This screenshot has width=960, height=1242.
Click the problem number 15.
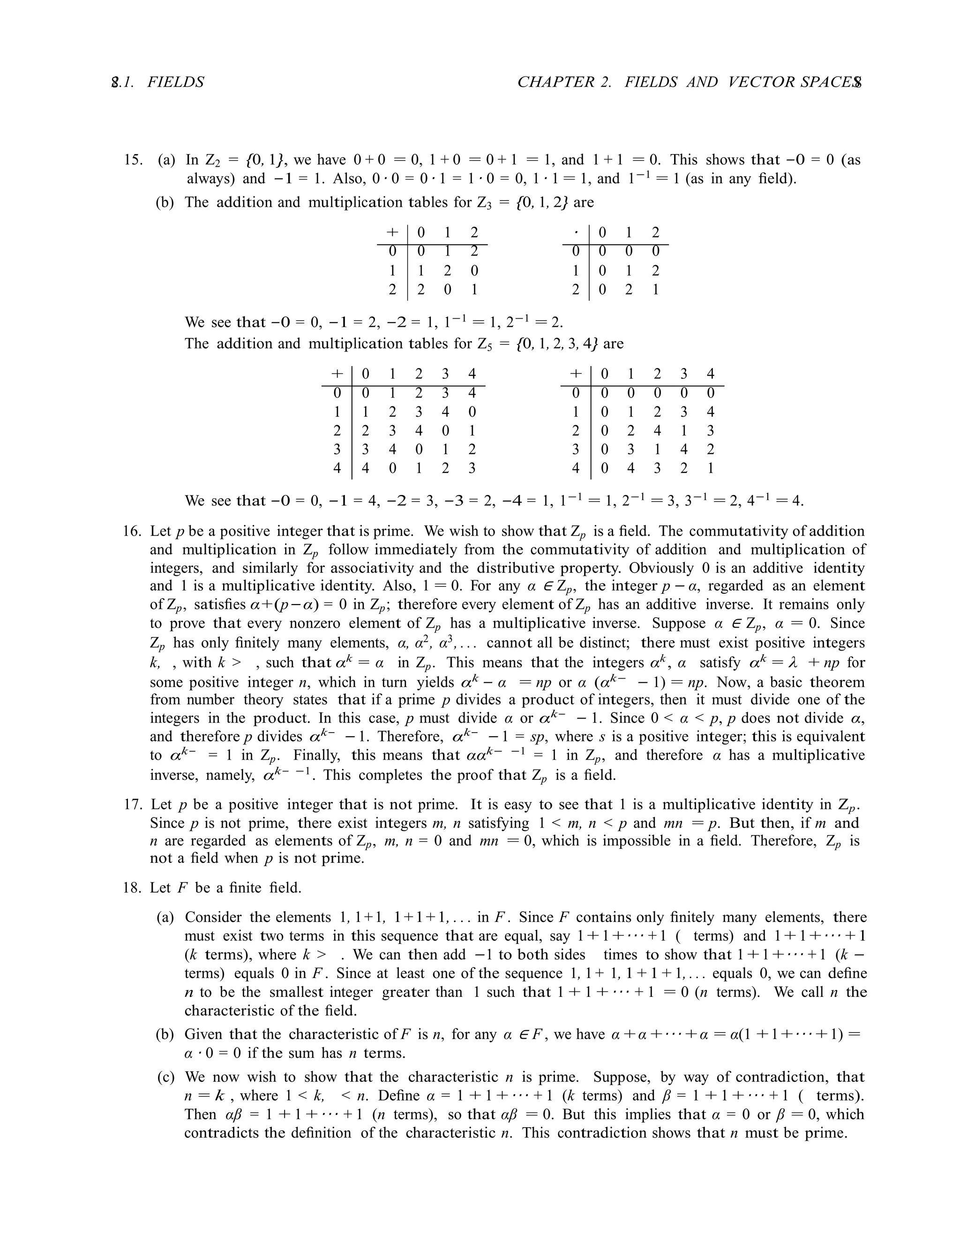pos(133,160)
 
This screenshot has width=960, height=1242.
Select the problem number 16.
pos(132,531)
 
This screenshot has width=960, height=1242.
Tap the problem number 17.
pos(132,805)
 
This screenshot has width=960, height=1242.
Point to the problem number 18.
pos(132,888)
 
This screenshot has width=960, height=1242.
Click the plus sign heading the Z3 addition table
pos(392,232)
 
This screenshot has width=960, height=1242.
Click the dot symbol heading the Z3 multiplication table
pos(576,232)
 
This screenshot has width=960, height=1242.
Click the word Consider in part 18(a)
pos(214,917)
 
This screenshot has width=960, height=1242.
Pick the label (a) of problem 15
pos(166,160)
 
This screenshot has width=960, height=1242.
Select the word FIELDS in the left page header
pos(175,82)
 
